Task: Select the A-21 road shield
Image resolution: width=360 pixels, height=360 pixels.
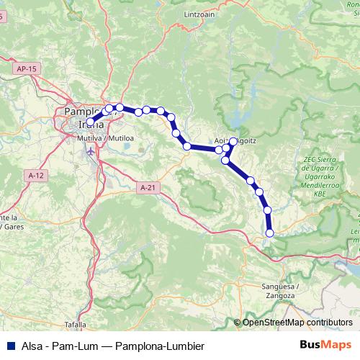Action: coord(147,187)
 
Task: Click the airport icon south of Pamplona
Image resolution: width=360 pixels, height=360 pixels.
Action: coord(90,152)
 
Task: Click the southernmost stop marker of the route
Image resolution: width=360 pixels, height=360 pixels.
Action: coord(270,233)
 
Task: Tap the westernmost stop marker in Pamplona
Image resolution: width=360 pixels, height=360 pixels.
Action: coord(91,122)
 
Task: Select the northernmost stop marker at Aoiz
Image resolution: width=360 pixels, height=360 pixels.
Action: coord(233,142)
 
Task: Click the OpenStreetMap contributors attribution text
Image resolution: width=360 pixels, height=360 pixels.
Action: coord(297,323)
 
